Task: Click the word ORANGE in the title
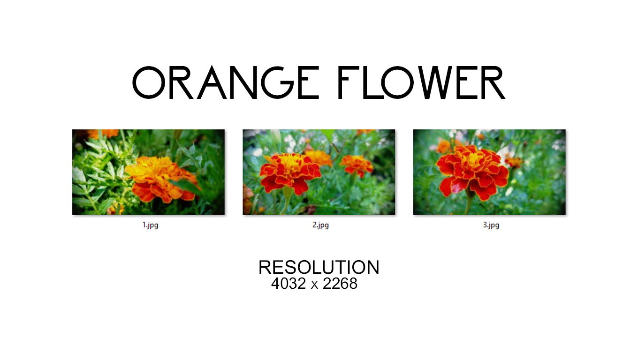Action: [226, 82]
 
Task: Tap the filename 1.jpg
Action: [151, 225]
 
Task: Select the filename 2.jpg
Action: [321, 225]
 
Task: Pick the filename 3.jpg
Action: [491, 225]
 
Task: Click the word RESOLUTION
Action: [319, 267]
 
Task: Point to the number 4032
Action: [289, 284]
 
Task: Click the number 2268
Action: [340, 284]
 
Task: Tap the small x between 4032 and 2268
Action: [314, 285]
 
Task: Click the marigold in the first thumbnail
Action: [161, 179]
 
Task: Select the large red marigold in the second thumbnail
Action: [289, 172]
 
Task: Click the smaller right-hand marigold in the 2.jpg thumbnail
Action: [357, 165]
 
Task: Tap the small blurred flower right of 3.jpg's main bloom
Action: [514, 162]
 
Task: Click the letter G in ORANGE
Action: [277, 82]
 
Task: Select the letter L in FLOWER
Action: [370, 82]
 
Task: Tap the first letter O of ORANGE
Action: [149, 82]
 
